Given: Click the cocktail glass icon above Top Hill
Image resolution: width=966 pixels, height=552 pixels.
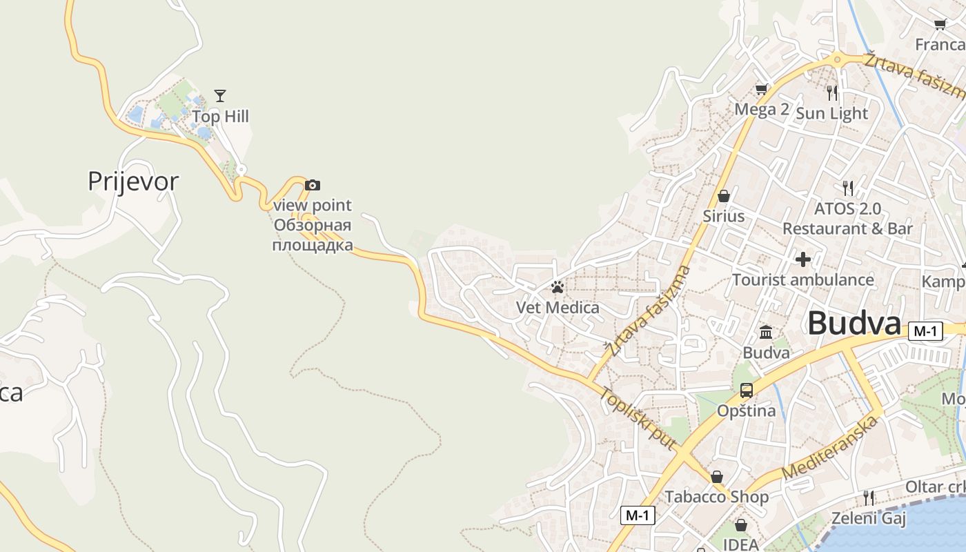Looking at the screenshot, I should click(x=220, y=96).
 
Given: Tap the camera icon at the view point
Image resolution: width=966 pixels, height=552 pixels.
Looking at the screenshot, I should click(x=313, y=185).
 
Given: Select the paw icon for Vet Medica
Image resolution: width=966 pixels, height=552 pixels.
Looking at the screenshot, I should click(x=558, y=287).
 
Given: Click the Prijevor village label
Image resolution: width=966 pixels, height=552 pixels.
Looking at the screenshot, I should click(x=133, y=181).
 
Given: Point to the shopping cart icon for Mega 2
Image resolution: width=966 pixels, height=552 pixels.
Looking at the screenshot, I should click(x=762, y=89).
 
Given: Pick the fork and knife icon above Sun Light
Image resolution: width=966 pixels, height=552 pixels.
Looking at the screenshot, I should click(x=832, y=92).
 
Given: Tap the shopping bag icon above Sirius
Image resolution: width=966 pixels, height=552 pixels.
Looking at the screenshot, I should click(x=724, y=196).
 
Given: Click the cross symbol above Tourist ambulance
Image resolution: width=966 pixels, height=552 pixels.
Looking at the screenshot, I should click(x=802, y=259).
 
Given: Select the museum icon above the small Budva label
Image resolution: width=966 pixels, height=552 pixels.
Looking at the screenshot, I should click(x=766, y=333).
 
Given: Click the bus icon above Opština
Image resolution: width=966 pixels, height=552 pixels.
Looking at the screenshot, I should click(x=747, y=391).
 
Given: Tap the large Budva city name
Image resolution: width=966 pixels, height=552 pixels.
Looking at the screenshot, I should click(x=854, y=323).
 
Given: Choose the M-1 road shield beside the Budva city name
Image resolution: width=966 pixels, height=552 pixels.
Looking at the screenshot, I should click(x=925, y=331).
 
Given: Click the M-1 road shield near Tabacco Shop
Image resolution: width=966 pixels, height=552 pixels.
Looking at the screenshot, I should click(x=638, y=515).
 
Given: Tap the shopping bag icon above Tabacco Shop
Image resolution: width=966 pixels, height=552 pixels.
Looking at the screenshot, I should click(x=717, y=477).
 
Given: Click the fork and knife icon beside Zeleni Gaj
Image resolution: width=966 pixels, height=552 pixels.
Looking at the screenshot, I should click(x=869, y=497).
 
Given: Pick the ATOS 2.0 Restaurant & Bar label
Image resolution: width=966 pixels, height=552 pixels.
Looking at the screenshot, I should click(x=847, y=218).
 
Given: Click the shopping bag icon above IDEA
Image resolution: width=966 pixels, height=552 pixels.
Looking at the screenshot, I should click(x=741, y=525).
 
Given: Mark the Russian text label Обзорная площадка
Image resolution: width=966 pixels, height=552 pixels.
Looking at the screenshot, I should click(x=313, y=235).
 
